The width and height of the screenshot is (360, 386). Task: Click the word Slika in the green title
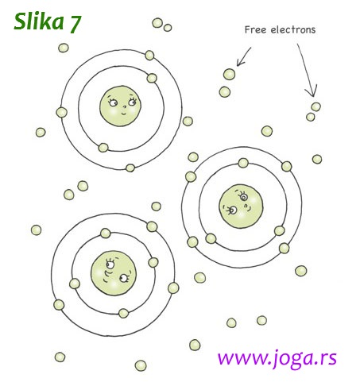tap(39, 21)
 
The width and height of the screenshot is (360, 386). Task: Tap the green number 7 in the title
tap(75, 24)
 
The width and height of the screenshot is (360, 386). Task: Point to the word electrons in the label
tap(293, 29)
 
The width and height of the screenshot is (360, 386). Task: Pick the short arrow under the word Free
tap(245, 56)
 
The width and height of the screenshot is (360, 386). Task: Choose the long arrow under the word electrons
tap(308, 69)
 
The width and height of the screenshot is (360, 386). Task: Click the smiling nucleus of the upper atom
tap(120, 106)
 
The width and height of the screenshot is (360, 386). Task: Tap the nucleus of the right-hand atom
tap(241, 207)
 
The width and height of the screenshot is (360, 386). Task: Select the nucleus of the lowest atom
tap(114, 273)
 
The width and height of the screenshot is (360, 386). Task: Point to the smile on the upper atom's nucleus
tap(123, 114)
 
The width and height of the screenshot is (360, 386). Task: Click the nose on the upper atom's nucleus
tap(124, 107)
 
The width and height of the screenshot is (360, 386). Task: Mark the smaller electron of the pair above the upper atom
tap(168, 28)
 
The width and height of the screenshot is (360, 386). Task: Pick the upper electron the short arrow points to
tap(229, 74)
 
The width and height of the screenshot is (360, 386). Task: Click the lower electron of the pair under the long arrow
tap(310, 117)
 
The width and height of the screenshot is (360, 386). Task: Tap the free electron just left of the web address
tap(195, 345)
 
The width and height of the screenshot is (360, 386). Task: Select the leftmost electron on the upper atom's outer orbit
tap(61, 113)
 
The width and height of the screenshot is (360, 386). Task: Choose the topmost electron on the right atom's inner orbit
tap(243, 163)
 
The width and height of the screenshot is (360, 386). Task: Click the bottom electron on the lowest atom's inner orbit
tap(123, 313)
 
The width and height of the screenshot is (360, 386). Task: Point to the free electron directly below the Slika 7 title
tap(64, 48)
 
